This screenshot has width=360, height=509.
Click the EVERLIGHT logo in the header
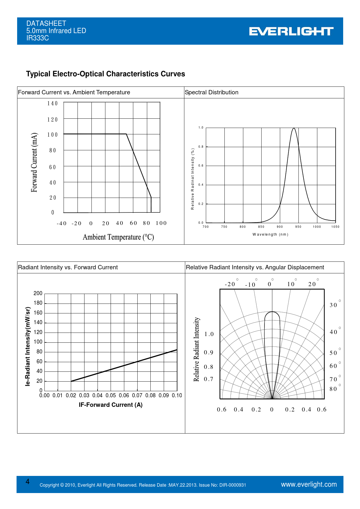(x=291, y=31)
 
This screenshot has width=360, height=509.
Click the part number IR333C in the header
(x=37, y=38)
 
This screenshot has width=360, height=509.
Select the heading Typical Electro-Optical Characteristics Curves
(x=105, y=74)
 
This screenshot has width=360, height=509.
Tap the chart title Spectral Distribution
(x=211, y=92)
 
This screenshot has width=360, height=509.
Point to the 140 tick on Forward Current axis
(x=53, y=104)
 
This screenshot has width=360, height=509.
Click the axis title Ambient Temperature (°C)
(x=118, y=237)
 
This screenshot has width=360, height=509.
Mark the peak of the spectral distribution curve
(x=294, y=128)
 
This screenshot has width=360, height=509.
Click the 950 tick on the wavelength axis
(x=298, y=227)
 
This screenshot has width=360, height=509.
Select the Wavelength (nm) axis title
(x=270, y=234)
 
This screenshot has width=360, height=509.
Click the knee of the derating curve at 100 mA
(x=126, y=134)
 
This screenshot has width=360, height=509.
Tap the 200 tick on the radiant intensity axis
(x=38, y=293)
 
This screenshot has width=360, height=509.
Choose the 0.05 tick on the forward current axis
(x=111, y=396)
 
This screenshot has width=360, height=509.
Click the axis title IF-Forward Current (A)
(x=111, y=405)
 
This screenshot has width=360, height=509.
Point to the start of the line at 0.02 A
(x=71, y=381)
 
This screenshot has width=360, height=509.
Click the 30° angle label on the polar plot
(x=334, y=305)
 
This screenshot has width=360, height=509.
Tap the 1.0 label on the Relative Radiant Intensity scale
(x=209, y=334)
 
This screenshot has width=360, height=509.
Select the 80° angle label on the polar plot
(x=334, y=389)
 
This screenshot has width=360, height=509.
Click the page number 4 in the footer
(x=28, y=482)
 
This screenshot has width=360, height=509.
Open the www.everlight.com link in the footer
(x=309, y=484)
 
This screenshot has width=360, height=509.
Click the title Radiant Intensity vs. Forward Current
(x=68, y=267)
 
